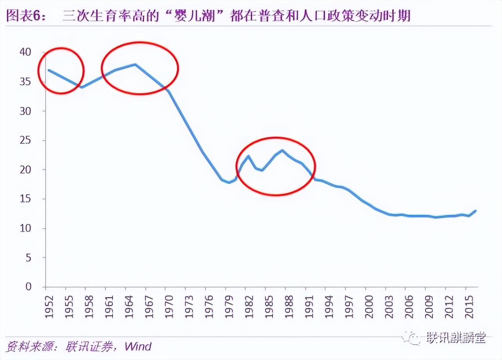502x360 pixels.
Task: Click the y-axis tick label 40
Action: tap(25, 52)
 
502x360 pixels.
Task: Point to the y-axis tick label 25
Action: tap(25, 140)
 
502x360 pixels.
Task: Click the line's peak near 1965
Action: tap(135, 64)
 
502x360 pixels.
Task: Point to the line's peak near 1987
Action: tap(282, 150)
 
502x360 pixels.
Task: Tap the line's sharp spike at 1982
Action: tap(248, 156)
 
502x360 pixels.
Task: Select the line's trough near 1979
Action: tap(229, 182)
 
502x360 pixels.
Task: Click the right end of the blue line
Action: tap(476, 211)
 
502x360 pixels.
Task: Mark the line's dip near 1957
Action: tap(81, 87)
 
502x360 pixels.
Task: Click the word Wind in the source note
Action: tap(138, 346)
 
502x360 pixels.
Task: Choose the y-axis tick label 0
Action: tap(28, 287)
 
